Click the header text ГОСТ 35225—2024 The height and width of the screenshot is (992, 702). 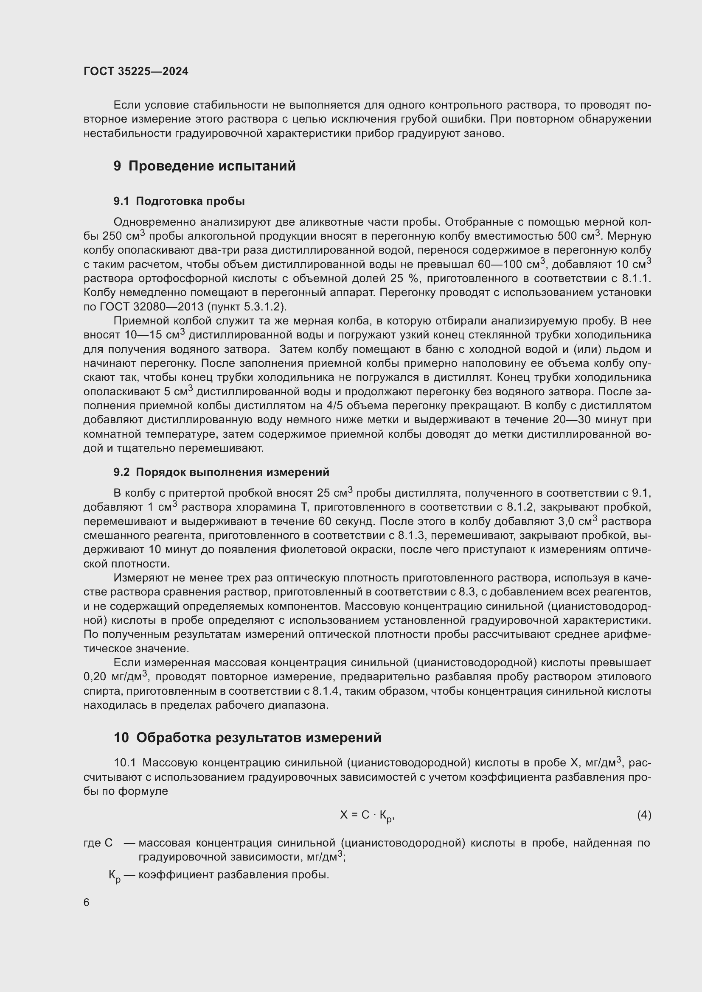point(136,72)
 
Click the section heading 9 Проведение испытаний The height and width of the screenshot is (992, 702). point(205,166)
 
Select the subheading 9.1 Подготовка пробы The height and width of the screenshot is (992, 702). point(179,201)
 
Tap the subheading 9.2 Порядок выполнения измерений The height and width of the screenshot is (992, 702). point(221,472)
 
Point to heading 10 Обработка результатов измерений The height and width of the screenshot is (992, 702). point(247,738)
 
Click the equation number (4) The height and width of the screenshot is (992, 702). point(644,815)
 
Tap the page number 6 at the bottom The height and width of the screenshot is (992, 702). point(87,903)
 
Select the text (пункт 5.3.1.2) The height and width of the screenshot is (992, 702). point(247,307)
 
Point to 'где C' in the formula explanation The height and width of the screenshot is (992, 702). point(98,843)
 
